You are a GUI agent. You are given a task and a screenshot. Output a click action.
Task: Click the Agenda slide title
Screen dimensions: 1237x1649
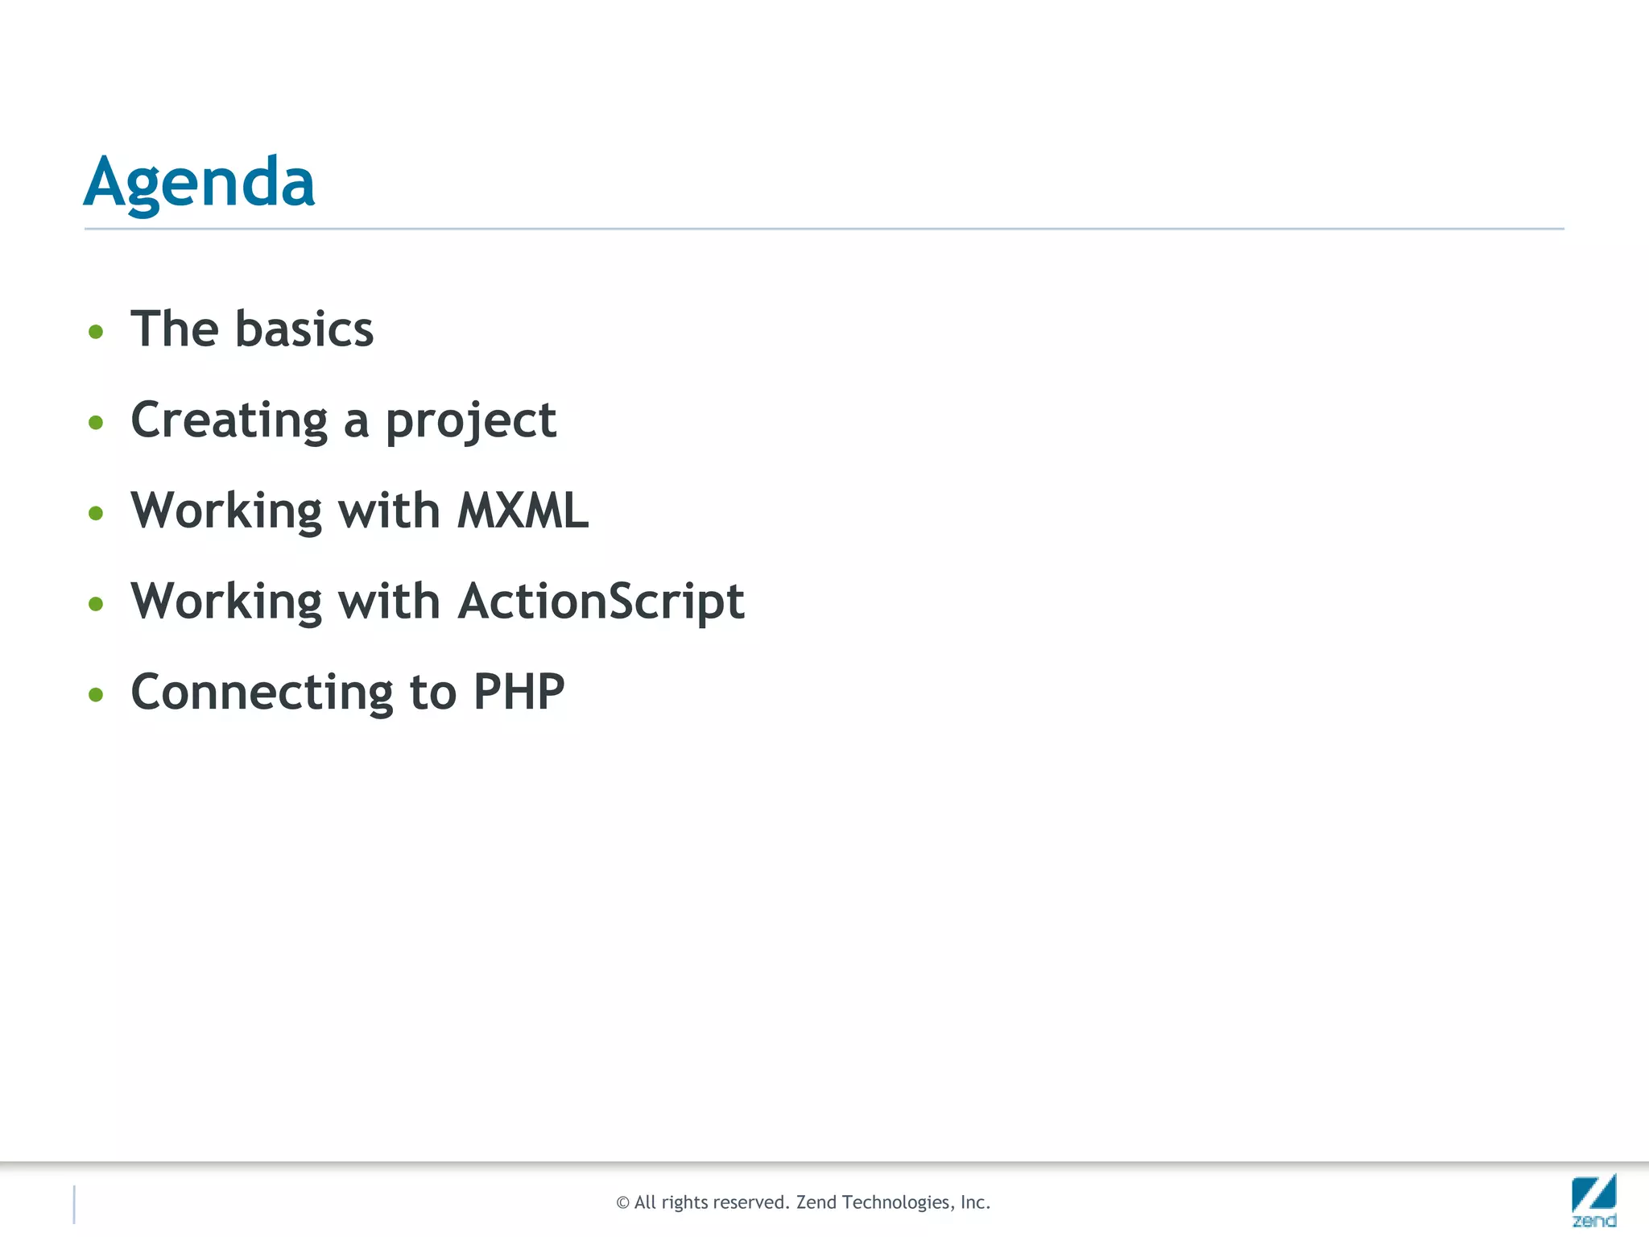point(199,182)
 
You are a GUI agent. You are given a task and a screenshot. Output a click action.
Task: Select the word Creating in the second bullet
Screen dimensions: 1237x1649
point(229,420)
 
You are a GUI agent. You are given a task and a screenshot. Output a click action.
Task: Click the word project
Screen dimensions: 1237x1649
point(470,420)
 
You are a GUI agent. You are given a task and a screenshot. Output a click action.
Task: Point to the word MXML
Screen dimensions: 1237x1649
point(523,511)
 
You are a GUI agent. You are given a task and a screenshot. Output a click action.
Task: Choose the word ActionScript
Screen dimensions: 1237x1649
point(601,602)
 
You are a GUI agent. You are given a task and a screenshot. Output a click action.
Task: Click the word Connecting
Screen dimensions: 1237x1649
point(262,692)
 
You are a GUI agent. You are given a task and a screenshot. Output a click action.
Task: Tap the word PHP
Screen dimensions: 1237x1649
point(519,692)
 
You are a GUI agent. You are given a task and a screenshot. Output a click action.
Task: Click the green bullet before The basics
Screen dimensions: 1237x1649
point(96,332)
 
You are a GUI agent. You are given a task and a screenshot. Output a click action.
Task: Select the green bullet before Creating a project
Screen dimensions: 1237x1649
point(96,422)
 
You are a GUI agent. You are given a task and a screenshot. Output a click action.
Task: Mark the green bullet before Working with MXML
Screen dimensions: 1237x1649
point(96,513)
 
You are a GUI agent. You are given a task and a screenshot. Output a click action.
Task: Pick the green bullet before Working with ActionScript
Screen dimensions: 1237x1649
point(96,603)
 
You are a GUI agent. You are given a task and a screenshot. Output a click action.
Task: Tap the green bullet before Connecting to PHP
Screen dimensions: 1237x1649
point(96,694)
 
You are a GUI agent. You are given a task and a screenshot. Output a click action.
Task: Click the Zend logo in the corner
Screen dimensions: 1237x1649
point(1593,1199)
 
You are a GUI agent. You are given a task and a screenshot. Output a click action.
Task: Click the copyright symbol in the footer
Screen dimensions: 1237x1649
point(622,1203)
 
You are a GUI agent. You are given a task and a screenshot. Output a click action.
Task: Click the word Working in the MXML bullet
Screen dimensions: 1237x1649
point(226,511)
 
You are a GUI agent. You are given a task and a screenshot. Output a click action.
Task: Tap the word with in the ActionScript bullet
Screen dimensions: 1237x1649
point(388,602)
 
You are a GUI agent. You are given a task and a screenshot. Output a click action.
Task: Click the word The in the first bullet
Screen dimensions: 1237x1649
point(174,329)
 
